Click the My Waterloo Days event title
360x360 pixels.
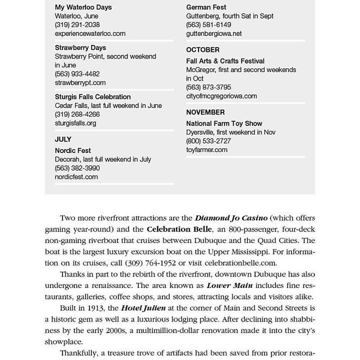[83, 7]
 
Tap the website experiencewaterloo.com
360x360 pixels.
[90, 33]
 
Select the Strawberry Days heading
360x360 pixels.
[80, 48]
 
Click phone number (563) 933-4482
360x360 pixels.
[77, 74]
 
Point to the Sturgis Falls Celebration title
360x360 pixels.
[93, 97]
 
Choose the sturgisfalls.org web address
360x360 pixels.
[75, 123]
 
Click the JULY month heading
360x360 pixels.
[63, 139]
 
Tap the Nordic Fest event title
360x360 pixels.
[73, 150]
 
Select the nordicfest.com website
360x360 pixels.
[76, 176]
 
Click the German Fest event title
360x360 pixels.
[206, 7]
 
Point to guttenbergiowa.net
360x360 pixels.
[214, 33]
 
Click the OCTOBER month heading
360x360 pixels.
[203, 50]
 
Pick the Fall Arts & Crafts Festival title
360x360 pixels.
[225, 61]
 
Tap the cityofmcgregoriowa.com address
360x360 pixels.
[221, 96]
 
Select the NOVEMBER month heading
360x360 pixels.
[205, 112]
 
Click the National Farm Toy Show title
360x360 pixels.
[224, 123]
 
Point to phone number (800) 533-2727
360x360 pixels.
[208, 141]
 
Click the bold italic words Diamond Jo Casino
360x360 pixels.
[231, 218]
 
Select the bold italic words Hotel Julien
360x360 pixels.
[143, 308]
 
